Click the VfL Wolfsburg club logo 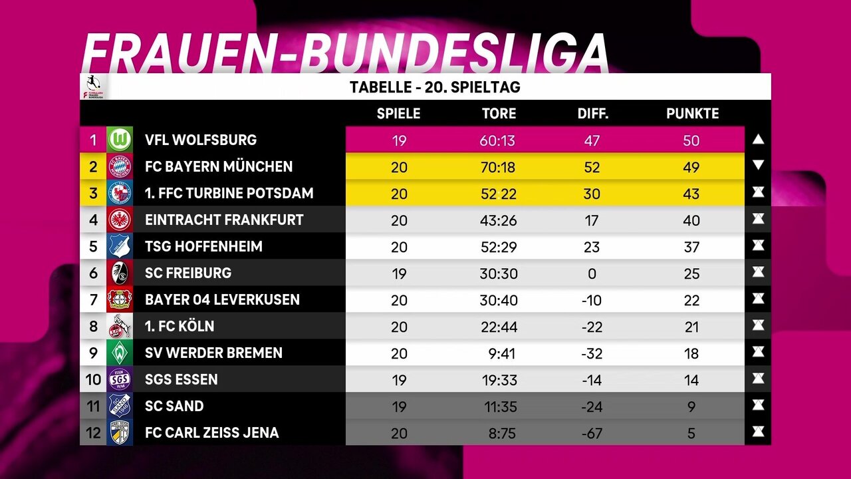coord(120,140)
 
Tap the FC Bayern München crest coord(120,166)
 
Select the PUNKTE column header coord(692,114)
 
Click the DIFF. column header coord(592,114)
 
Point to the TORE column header coord(499,114)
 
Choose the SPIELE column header coord(398,114)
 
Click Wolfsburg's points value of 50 coord(691,140)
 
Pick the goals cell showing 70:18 coord(499,167)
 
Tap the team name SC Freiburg coord(188,273)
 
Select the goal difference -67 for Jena coord(591,433)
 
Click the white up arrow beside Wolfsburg coord(759,140)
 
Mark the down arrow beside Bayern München coord(759,166)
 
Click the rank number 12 coord(93,432)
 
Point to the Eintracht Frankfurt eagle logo coord(120,220)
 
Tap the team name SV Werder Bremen coord(213,353)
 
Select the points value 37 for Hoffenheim coord(691,247)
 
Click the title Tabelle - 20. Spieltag coord(435,87)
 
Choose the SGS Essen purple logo coord(120,379)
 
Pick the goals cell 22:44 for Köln coord(499,327)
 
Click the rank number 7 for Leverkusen coord(93,299)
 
